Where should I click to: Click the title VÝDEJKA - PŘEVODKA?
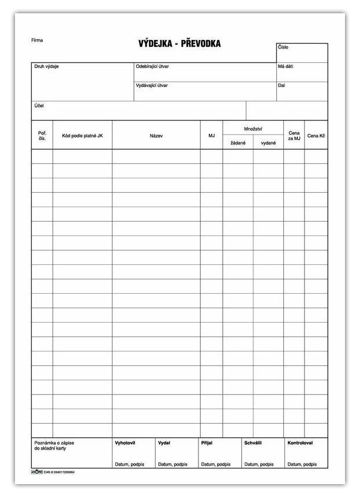point(179,44)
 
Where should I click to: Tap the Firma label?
point(37,40)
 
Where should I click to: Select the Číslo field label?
point(283,47)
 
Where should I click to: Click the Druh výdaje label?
point(47,67)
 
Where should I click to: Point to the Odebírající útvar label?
point(152,67)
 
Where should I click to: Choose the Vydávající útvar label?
point(152,85)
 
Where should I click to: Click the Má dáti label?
point(285,67)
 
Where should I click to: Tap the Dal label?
point(281,85)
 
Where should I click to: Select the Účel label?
point(39,106)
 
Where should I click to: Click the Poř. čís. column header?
point(42,136)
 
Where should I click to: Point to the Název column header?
point(156,136)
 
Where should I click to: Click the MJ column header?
point(211,136)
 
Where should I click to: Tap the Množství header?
point(253,129)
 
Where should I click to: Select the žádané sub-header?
point(238,143)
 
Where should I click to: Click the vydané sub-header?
point(268,143)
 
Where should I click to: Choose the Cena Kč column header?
point(316,136)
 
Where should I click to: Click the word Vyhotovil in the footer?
point(125,443)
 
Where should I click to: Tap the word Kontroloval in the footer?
point(300,443)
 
